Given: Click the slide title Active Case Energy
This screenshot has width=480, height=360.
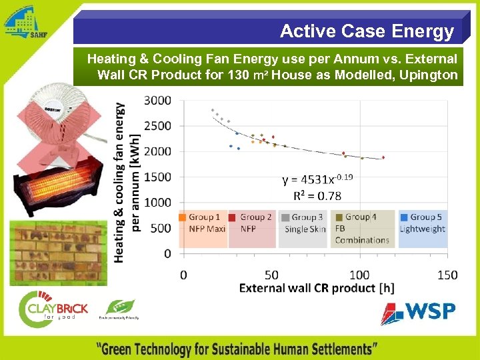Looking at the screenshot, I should pyautogui.click(x=367, y=31).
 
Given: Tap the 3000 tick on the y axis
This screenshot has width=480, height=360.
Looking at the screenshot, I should pyautogui.click(x=158, y=100).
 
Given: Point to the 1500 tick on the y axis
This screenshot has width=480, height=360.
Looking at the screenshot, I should pyautogui.click(x=158, y=177).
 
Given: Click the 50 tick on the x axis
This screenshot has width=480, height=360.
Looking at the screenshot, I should pyautogui.click(x=271, y=275).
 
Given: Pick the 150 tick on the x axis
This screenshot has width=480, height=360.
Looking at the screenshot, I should pyautogui.click(x=447, y=275).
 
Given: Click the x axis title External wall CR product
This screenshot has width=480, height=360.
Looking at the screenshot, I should pyautogui.click(x=316, y=288).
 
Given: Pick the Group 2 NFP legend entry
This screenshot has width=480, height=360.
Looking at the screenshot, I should pyautogui.click(x=251, y=223).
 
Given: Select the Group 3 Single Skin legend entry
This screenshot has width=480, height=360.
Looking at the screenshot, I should pyautogui.click(x=303, y=223).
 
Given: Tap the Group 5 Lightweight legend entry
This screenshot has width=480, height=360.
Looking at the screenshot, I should pyautogui.click(x=422, y=223).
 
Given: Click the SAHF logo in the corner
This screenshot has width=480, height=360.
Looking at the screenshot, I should pyautogui.click(x=25, y=23).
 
